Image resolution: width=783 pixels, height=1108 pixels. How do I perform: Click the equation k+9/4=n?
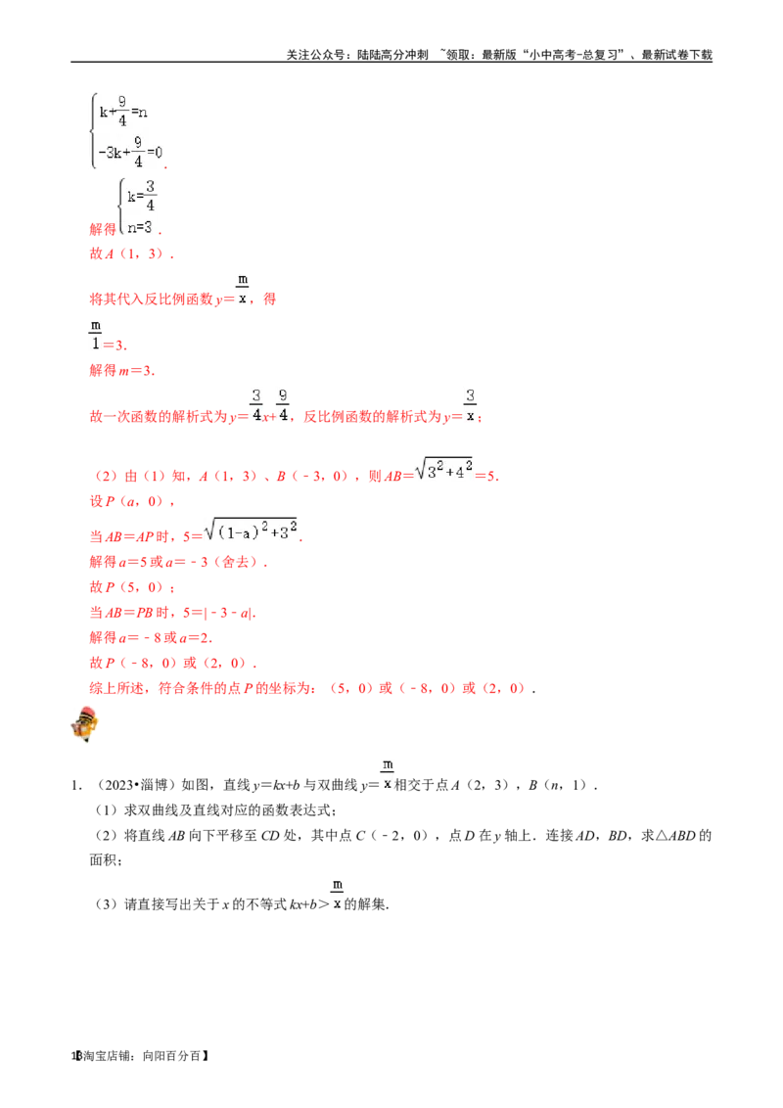pyautogui.click(x=123, y=112)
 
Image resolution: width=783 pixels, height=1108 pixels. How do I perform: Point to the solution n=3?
pyautogui.click(x=140, y=227)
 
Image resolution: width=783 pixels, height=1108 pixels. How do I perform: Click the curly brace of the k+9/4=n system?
pyautogui.click(x=93, y=129)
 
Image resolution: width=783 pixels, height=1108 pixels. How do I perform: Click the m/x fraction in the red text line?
pyautogui.click(x=243, y=287)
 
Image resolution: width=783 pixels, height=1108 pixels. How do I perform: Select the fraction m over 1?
pyautogui.click(x=96, y=334)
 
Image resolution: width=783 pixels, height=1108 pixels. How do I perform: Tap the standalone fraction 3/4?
pyautogui.click(x=256, y=404)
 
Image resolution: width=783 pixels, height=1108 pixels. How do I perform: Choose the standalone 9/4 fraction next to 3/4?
pyautogui.click(x=282, y=404)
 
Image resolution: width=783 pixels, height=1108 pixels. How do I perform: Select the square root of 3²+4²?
pyautogui.click(x=445, y=471)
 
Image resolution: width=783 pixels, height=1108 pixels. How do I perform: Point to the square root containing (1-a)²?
pyautogui.click(x=253, y=533)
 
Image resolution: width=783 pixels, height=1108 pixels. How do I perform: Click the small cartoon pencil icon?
pyautogui.click(x=85, y=724)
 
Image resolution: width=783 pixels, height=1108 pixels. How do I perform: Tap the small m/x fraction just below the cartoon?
pyautogui.click(x=388, y=772)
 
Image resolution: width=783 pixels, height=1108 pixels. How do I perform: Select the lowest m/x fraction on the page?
pyautogui.click(x=337, y=893)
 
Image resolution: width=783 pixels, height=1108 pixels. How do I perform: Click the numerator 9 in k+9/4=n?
pyautogui.click(x=122, y=101)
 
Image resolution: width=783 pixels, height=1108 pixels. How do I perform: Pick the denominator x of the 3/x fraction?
pyautogui.click(x=470, y=416)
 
